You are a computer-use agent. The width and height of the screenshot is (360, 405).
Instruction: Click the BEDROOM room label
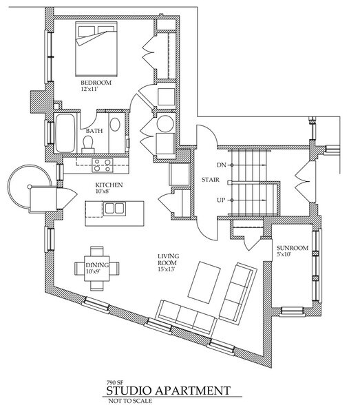click(96, 83)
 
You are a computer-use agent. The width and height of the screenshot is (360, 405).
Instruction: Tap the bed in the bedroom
click(96, 49)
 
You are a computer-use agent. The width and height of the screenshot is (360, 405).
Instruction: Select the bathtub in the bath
click(65, 134)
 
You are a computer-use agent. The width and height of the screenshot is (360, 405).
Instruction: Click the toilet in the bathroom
click(88, 145)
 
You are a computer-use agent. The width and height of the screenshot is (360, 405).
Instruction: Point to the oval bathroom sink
click(115, 125)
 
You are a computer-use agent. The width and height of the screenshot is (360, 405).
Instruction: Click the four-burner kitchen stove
click(103, 165)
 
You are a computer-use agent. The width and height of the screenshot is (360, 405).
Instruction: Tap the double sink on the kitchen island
click(114, 209)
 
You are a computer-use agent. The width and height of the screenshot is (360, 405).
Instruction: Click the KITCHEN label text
click(109, 185)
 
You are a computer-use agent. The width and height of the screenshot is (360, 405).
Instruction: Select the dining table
click(97, 269)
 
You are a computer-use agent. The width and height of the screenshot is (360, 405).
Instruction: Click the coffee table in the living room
click(204, 282)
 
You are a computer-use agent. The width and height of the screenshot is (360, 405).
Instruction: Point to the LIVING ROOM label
click(168, 260)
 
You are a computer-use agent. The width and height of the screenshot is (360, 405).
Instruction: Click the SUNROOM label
click(293, 248)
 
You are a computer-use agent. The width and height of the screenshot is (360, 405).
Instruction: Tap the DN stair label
click(222, 165)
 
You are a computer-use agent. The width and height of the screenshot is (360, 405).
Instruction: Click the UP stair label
click(221, 200)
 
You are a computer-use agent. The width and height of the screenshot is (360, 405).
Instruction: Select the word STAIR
click(211, 180)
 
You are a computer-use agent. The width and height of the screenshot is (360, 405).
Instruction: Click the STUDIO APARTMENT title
click(168, 391)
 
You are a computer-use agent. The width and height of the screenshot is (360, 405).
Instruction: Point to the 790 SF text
click(115, 382)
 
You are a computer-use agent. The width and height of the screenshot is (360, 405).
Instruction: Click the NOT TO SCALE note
click(130, 401)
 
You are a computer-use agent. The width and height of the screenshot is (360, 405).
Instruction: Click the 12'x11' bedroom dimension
click(89, 90)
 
